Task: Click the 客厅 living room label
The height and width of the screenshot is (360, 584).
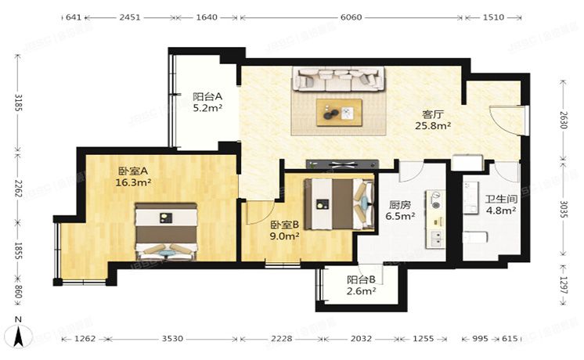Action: pos(427,113)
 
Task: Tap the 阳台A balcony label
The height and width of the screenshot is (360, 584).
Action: pos(207,97)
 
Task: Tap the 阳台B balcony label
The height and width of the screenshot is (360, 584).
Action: pos(361,279)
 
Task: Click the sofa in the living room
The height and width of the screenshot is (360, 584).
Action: pos(339,78)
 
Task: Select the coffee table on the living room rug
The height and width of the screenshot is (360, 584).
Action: pos(339,113)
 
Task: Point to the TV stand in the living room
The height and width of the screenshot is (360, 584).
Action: pos(343,164)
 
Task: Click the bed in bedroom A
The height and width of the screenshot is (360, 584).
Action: pos(164,232)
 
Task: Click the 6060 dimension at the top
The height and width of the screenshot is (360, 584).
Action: pos(351,16)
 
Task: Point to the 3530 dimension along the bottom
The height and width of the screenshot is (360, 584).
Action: pos(172,338)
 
